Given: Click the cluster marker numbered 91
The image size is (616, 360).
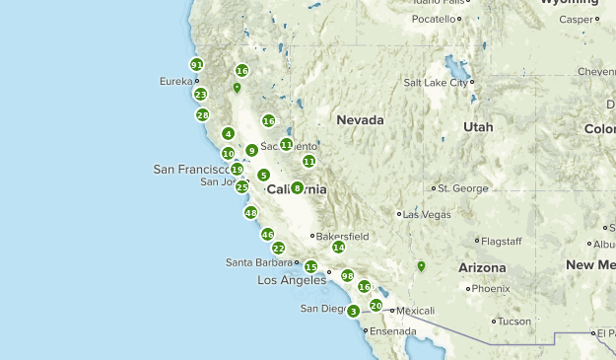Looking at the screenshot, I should tap(197, 65).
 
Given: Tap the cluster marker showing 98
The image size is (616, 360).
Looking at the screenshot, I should tap(347, 275).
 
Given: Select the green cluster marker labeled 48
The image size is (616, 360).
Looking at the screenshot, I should tap(250, 212).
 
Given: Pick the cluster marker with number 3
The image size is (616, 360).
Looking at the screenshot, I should tap(354, 311).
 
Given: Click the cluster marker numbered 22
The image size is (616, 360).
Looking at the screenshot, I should tap(278, 249).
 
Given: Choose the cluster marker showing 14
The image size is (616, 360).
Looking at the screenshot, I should tap(338, 247).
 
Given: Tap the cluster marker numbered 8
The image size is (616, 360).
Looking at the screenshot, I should tap(297, 187).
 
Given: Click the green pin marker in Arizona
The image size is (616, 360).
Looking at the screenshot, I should tap(421, 266).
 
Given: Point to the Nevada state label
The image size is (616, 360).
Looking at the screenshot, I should tap(360, 120).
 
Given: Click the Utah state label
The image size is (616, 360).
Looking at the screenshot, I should tap(478, 127).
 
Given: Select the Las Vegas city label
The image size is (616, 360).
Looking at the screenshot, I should tap(427, 214).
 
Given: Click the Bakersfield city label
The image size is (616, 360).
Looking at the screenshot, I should tap(344, 237).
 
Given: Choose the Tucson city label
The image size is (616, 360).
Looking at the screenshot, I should tap(514, 322).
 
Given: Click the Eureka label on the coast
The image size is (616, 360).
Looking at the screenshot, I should tap(175, 81).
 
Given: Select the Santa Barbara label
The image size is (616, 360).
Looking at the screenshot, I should tap(260, 262).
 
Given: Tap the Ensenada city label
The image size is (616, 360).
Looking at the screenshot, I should tap(392, 331).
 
